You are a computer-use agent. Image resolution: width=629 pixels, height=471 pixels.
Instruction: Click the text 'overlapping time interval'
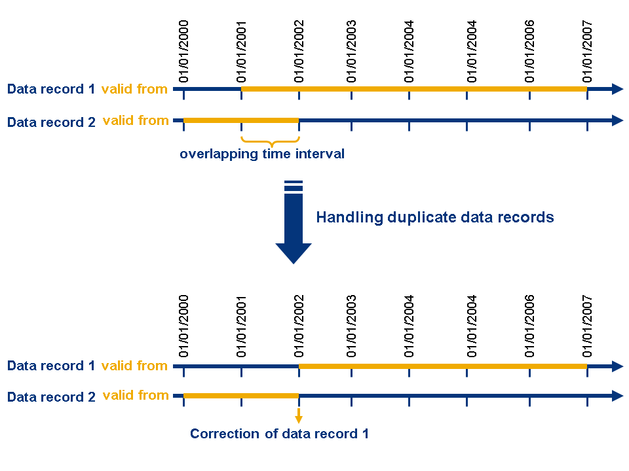pos(262,154)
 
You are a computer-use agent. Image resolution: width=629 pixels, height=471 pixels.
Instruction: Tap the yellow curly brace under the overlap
pos(270,141)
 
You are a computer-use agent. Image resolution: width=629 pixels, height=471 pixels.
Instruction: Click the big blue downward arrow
pos(294,226)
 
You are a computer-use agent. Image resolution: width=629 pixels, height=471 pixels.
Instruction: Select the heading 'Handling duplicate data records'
pos(435,217)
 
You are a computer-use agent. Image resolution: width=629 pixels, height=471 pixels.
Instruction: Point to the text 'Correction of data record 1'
pos(279,433)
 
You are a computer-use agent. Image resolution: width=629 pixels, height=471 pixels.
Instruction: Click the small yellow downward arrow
pos(299,416)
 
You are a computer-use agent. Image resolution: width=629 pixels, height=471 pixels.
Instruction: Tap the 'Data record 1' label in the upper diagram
pos(51,89)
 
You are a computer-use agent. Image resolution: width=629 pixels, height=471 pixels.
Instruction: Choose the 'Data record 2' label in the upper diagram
pos(51,122)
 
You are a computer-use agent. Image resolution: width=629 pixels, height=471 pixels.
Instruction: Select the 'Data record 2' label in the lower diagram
pos(51,397)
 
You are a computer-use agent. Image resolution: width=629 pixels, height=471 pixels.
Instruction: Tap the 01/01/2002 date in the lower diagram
pos(299,326)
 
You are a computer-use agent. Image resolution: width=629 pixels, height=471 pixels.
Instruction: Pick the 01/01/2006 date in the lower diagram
pos(530,326)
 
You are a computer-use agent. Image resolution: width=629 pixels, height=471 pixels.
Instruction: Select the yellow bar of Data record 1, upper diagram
pos(414,89)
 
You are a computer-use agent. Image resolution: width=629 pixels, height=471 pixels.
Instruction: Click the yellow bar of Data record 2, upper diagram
pos(241,120)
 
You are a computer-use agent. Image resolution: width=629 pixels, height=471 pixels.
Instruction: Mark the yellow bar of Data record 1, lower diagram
pos(443,366)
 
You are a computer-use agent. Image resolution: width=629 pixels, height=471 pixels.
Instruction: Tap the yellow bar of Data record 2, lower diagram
pos(241,396)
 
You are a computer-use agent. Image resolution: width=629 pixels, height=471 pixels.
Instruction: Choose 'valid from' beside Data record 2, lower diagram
pos(136,395)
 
